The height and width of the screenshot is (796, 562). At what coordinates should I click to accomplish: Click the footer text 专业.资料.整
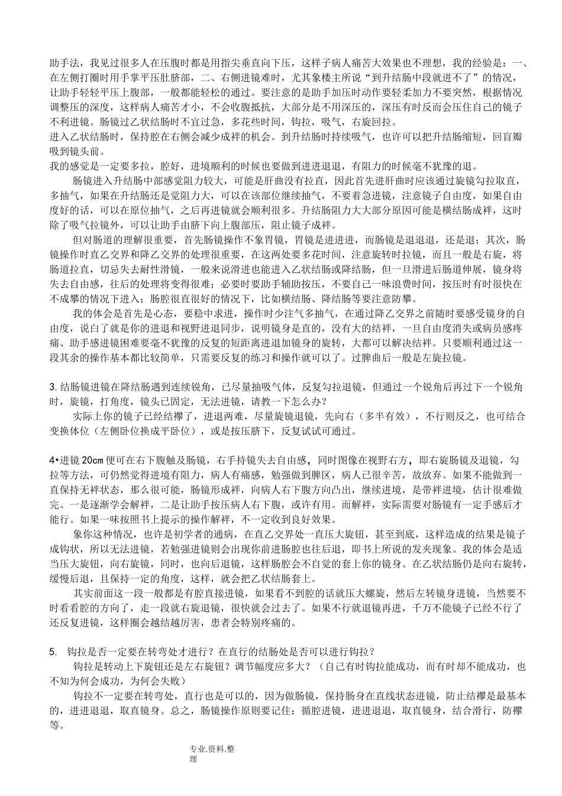(x=212, y=750)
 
